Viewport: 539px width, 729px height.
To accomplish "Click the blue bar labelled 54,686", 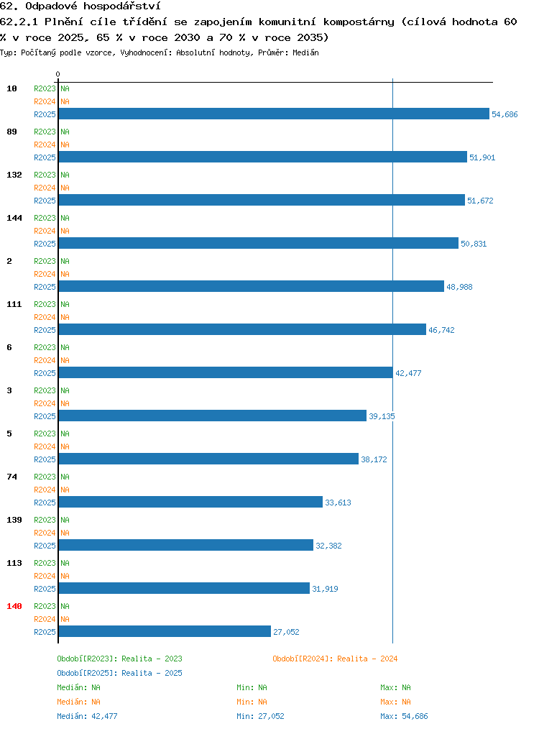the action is coord(274,114).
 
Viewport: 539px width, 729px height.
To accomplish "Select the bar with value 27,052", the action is coord(165,631).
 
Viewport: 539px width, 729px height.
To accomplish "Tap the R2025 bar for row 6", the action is coord(226,372).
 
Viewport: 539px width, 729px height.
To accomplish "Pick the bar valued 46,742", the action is coord(242,329).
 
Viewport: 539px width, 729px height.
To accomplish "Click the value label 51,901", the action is coord(482,157).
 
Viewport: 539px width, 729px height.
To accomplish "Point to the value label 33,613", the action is coord(338,503).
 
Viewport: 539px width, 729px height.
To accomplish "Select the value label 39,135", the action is coord(382,416).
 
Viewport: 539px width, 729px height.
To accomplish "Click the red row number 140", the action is coord(14,606).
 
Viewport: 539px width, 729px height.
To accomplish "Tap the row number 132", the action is coord(14,175).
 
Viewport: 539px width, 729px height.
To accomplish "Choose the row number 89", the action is coord(11,132).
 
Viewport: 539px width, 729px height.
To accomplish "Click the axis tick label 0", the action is coord(57,74).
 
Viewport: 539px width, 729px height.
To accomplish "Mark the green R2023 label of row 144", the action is coord(45,218).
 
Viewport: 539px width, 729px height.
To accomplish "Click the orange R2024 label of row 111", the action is coord(45,317).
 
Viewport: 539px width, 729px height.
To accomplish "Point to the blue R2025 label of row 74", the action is coord(45,503).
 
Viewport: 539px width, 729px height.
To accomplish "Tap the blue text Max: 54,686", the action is coord(404,716).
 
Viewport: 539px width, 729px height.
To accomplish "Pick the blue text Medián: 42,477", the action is coord(87,716).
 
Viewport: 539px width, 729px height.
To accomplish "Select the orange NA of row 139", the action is coord(65,533).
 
